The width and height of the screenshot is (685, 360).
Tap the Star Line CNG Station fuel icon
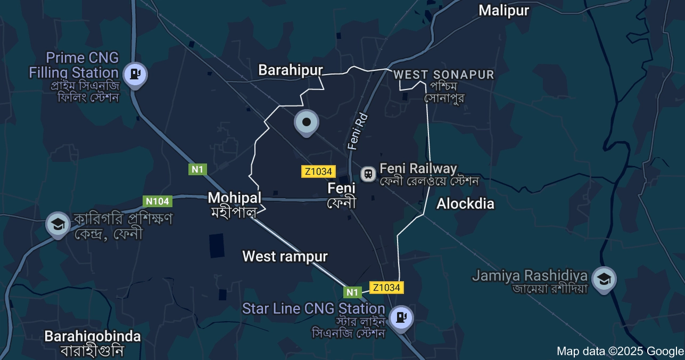pyautogui.click(x=400, y=317)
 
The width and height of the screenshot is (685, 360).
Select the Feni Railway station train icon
pyautogui.click(x=368, y=174)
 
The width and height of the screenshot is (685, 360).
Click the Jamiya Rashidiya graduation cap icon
pyautogui.click(x=604, y=279)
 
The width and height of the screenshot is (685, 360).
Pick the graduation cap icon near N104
pyautogui.click(x=57, y=224)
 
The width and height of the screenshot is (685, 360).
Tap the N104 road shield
pyautogui.click(x=158, y=201)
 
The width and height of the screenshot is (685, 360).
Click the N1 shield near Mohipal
pyautogui.click(x=197, y=169)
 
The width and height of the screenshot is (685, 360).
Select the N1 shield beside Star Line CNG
pyautogui.click(x=352, y=292)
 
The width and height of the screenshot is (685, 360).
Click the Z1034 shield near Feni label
pyautogui.click(x=318, y=171)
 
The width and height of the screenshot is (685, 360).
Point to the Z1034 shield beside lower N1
pyautogui.click(x=386, y=288)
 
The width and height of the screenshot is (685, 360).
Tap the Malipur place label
pyautogui.click(x=504, y=11)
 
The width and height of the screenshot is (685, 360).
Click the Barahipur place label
pyautogui.click(x=291, y=70)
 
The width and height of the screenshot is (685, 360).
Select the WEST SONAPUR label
pyautogui.click(x=444, y=75)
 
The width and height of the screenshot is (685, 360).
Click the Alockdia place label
pyautogui.click(x=465, y=203)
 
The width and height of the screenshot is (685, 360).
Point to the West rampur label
pyautogui.click(x=285, y=256)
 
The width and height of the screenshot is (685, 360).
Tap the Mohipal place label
pyautogui.click(x=234, y=198)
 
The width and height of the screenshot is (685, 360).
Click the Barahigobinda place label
pyautogui.click(x=93, y=337)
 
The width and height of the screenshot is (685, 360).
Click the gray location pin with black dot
pyautogui.click(x=307, y=122)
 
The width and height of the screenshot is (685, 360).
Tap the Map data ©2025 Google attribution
pyautogui.click(x=620, y=351)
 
